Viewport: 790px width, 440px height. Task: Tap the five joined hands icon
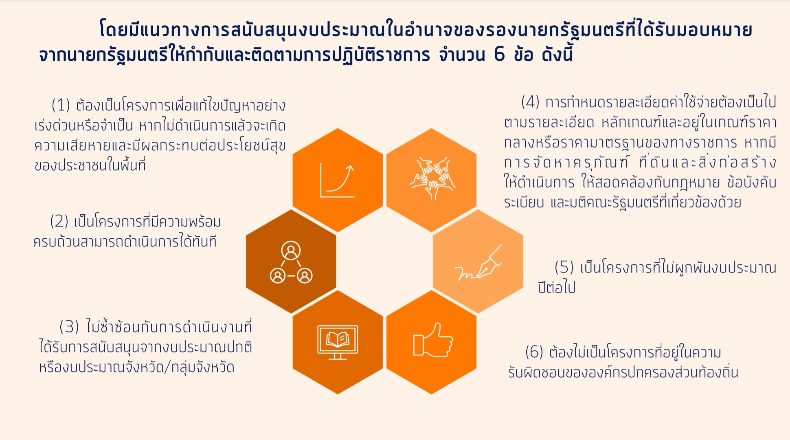click(432, 178)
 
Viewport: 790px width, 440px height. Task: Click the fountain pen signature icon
click(478, 263)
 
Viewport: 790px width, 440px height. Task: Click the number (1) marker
click(61, 105)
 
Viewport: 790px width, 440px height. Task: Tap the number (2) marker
click(59, 222)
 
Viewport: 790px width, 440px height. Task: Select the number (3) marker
click(69, 327)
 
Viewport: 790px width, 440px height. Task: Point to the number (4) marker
click(531, 101)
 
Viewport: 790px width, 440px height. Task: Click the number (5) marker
click(564, 267)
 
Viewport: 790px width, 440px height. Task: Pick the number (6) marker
click(535, 352)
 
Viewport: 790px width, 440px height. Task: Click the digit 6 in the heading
click(499, 54)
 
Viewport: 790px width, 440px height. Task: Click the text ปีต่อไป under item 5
click(556, 287)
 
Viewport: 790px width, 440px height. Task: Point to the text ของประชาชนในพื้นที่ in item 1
click(90, 165)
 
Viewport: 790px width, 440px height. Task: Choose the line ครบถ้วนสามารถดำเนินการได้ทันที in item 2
click(125, 242)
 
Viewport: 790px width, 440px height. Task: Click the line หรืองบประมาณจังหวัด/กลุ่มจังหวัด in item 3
click(137, 367)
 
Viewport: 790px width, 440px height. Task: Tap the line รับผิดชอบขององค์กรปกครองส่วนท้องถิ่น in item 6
click(623, 372)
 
